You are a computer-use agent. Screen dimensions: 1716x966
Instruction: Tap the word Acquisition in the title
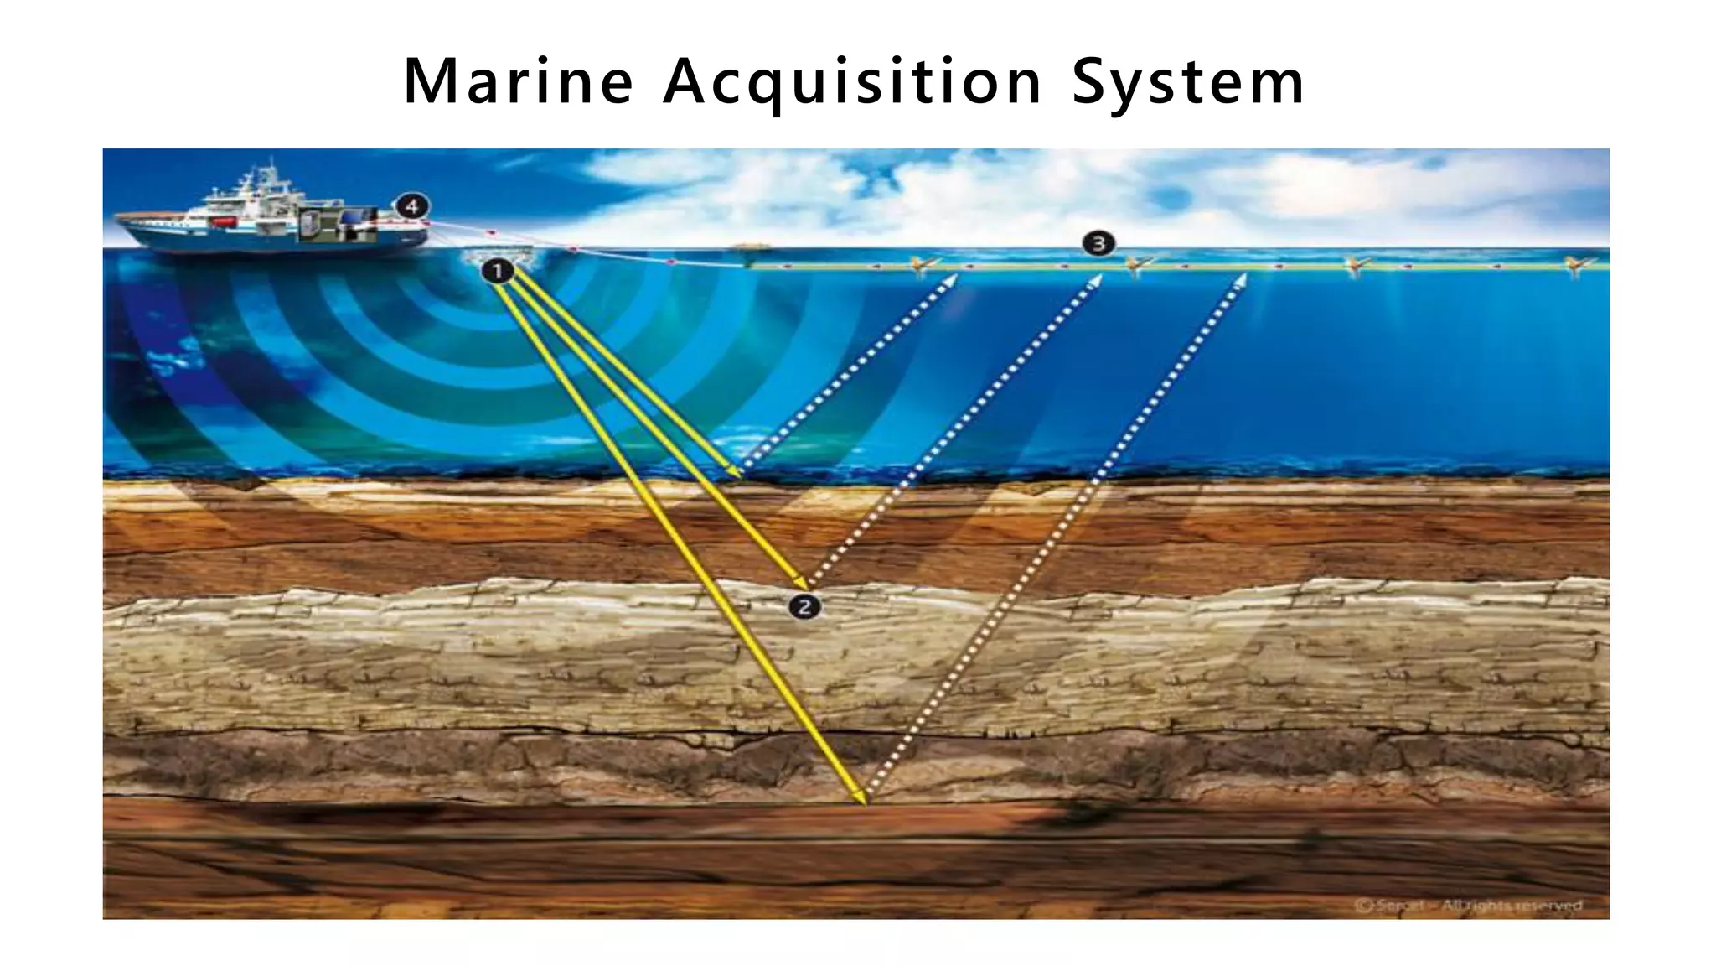852,84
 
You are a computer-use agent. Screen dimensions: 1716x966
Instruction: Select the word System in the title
1187,84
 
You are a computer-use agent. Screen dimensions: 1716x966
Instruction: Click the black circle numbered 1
498,271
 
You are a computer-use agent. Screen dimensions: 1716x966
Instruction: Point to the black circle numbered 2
804,606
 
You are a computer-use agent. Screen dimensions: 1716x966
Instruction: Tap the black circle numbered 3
1098,244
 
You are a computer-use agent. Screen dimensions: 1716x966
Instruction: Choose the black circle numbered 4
411,206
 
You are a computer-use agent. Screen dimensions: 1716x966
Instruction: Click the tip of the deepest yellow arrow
863,802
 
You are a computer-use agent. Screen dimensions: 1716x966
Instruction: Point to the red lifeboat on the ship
222,221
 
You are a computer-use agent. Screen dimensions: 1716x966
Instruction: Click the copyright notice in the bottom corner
1469,905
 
